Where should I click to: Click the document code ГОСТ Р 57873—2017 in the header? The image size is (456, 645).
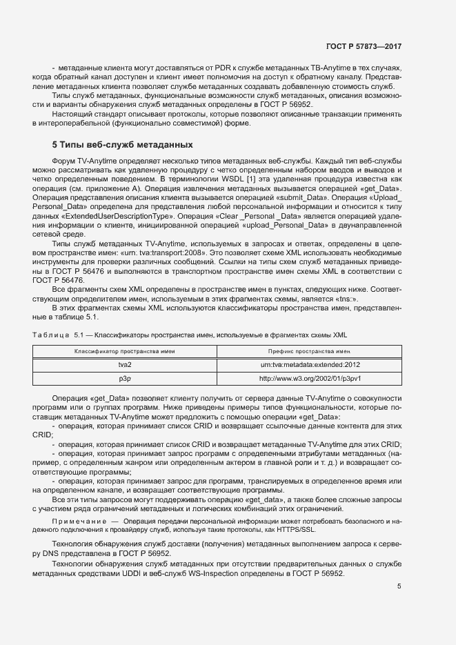tap(363, 46)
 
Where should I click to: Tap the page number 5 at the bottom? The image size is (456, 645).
tap(399, 586)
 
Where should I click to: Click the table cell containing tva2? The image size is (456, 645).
tap(125, 365)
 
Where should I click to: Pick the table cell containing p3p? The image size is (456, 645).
tap(125, 378)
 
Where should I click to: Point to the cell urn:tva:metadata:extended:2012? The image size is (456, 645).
tap(310, 365)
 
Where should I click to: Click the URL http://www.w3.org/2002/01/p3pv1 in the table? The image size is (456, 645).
tap(310, 378)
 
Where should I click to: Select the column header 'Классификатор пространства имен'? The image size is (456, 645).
tap(125, 351)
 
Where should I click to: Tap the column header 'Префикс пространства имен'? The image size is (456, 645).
tap(310, 351)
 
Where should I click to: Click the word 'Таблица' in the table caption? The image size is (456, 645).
tap(50, 335)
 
